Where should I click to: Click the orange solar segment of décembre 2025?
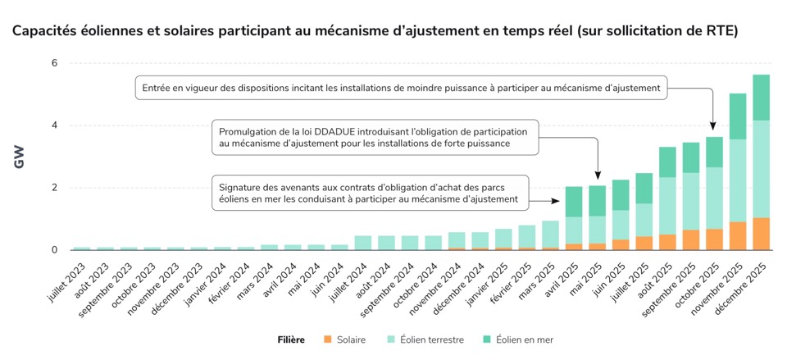tap(761, 234)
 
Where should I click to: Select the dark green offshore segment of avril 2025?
tap(574, 202)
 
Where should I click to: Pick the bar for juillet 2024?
tap(362, 243)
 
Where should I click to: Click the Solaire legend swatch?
tap(328, 339)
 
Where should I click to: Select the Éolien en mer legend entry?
tap(521, 339)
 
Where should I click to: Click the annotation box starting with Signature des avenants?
tap(369, 192)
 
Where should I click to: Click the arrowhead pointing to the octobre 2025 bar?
tap(713, 127)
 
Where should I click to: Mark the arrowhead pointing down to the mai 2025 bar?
tap(598, 175)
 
